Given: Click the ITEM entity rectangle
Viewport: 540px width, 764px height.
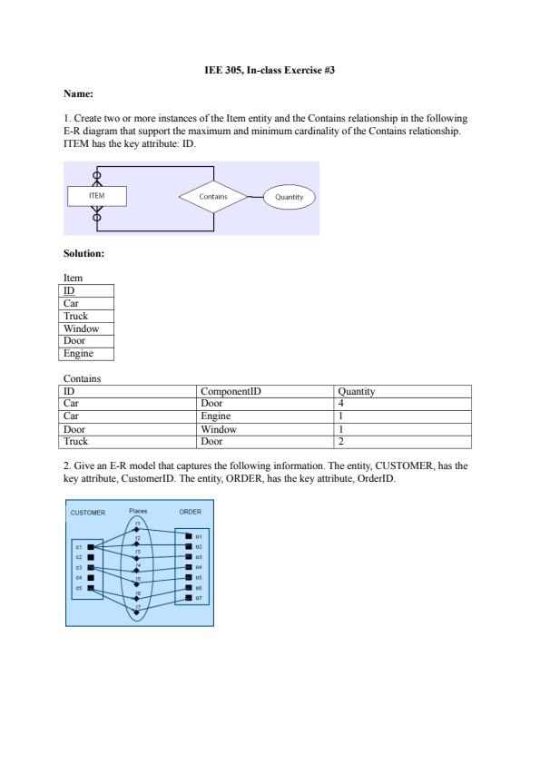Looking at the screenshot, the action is pos(97,196).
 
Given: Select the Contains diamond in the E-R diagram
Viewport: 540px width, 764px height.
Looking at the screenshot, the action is pos(213,196).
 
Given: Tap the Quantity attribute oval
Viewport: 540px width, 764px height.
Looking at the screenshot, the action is pos(289,197).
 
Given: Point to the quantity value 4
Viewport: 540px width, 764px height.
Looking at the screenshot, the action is pos(340,404).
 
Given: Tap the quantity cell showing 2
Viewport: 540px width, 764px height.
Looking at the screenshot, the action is pos(340,442).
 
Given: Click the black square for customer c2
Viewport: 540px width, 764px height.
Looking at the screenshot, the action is pos(91,557).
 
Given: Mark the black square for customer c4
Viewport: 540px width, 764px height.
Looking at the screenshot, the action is pos(91,578).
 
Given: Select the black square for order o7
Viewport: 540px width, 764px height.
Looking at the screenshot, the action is pos(188,598).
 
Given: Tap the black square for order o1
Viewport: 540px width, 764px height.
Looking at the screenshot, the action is pos(188,536).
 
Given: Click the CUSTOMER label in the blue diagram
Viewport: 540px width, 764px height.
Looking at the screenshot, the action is pos(88,513).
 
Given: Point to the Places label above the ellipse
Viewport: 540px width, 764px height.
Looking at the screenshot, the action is pos(138,511).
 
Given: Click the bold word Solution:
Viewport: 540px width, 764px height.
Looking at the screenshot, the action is pos(83,253).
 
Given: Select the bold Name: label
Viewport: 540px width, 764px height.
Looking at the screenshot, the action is pos(78,93).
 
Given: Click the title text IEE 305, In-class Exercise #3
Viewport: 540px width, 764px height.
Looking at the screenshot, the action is pos(270,70).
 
